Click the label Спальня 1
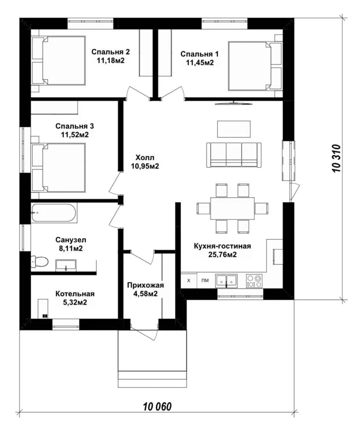pyautogui.click(x=199, y=54)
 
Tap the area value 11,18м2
pyautogui.click(x=110, y=60)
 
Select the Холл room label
pyautogui.click(x=145, y=157)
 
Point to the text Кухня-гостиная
pyautogui.click(x=222, y=246)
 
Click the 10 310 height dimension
pyautogui.click(x=337, y=158)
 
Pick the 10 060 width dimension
pyautogui.click(x=157, y=407)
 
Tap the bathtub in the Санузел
pyautogui.click(x=54, y=212)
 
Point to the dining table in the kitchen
pyautogui.click(x=232, y=208)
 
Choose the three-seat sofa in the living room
pyautogui.click(x=233, y=155)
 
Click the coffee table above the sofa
pyautogui.click(x=234, y=129)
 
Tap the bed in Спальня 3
pyautogui.click(x=59, y=168)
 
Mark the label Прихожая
pyautogui.click(x=146, y=285)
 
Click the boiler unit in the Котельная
pyautogui.click(x=43, y=308)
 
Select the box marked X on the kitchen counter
pyautogui.click(x=189, y=280)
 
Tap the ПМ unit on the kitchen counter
pyautogui.click(x=205, y=280)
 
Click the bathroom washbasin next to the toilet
pyautogui.click(x=66, y=265)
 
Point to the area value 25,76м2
pyautogui.click(x=222, y=255)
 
